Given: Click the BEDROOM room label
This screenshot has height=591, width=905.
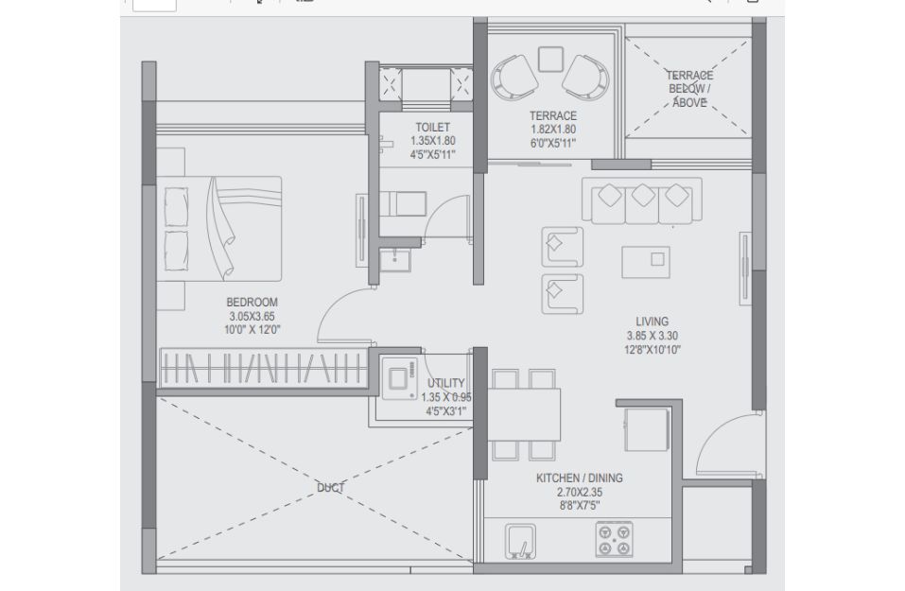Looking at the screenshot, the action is point(252,302).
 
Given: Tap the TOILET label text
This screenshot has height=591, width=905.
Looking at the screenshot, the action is point(432,127).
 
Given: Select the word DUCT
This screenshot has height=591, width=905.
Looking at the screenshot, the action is point(331,488).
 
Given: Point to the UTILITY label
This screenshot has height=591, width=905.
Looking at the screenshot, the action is point(445,383).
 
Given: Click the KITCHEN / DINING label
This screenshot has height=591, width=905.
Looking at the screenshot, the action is point(580,478).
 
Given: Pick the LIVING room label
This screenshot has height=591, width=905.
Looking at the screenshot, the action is point(653,322).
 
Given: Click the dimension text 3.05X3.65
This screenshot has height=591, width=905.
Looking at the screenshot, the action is point(252,316).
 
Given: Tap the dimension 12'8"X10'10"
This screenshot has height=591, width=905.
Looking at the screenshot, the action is point(653,349).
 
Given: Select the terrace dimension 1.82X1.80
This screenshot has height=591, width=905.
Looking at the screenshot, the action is point(553,130).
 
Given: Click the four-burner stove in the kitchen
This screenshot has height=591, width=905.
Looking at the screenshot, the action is point(614,540).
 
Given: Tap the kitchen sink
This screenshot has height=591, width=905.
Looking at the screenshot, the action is point(520,542).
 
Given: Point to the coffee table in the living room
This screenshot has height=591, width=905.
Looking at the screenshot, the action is point(646,263).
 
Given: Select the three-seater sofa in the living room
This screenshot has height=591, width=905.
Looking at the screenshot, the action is point(642,200).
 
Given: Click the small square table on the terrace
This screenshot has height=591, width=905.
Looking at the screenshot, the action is point(550,59).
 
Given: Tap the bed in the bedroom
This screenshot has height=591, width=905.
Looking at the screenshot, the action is point(219,229).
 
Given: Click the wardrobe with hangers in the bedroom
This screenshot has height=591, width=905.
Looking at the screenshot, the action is point(264,368).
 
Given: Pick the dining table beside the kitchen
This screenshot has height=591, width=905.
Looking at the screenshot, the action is point(524,414).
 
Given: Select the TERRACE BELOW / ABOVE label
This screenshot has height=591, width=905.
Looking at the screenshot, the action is point(689,89).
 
